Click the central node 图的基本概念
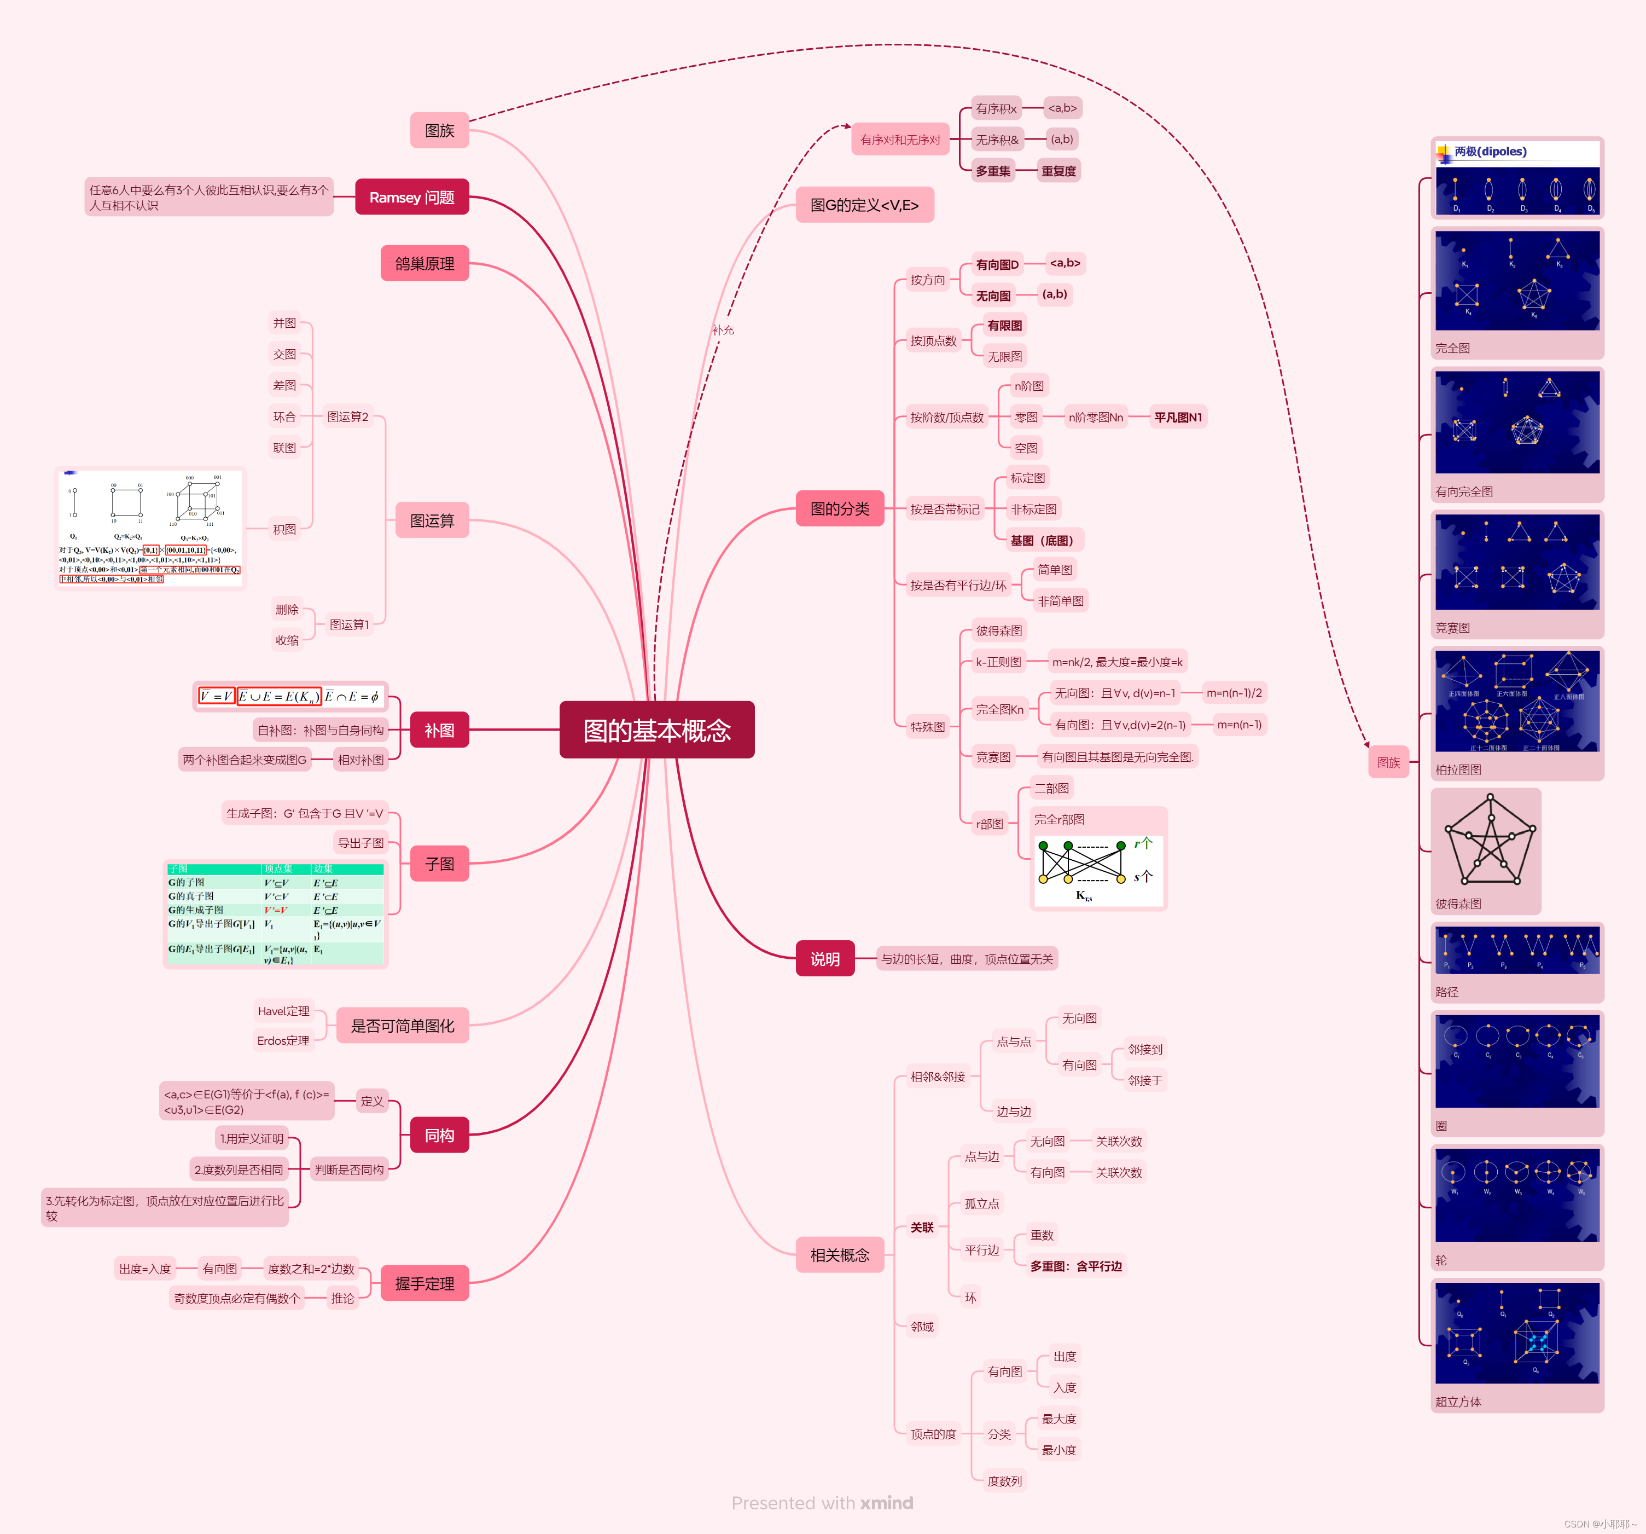(656, 730)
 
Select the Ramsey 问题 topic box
(411, 197)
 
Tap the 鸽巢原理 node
(424, 263)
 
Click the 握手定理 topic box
(424, 1283)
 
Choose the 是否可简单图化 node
(403, 1026)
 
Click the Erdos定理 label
(283, 1040)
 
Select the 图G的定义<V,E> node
(864, 205)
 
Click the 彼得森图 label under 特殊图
(998, 630)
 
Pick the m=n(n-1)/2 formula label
(1234, 692)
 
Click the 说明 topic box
(825, 958)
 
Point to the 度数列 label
(1004, 1481)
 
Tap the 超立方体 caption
(1458, 1402)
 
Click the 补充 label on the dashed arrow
(723, 329)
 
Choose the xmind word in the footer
(886, 1502)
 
